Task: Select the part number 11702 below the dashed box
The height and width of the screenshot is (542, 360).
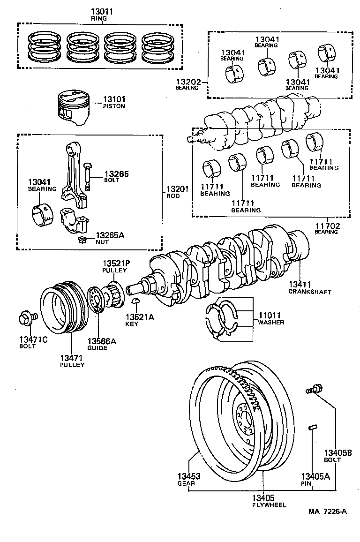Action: [x=327, y=226]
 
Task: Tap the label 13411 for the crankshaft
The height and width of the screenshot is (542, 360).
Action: [x=300, y=285]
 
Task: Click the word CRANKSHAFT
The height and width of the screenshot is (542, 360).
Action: [x=310, y=292]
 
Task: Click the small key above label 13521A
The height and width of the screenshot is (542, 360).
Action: [x=135, y=301]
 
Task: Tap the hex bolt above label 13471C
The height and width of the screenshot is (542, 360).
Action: [x=26, y=319]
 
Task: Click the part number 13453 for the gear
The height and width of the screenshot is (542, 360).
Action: [x=188, y=476]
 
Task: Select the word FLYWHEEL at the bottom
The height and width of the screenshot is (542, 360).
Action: [x=268, y=505]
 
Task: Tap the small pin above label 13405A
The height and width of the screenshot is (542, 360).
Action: [x=314, y=428]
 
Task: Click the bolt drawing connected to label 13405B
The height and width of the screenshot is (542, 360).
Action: [x=313, y=389]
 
